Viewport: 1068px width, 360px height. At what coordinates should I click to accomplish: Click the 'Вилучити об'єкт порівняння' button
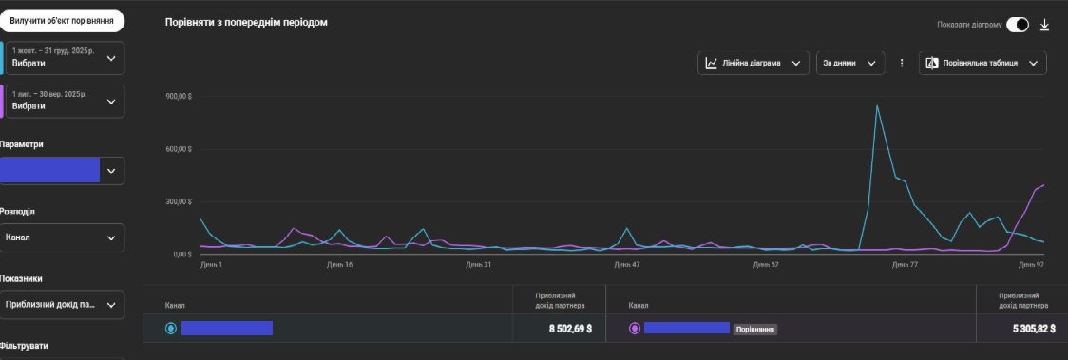click(x=63, y=21)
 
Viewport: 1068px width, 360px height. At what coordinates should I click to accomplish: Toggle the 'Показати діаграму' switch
click(x=1017, y=25)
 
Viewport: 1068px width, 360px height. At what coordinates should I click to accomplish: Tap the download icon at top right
click(x=1045, y=25)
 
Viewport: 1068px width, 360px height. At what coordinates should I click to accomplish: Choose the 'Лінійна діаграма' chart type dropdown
click(x=753, y=63)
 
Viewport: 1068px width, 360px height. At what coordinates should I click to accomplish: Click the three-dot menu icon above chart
click(x=902, y=63)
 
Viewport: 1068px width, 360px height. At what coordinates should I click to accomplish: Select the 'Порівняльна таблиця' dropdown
click(x=983, y=63)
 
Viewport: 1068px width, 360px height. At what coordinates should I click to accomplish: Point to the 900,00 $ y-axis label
click(x=180, y=97)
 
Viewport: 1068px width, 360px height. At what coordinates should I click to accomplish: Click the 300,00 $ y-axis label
click(x=180, y=201)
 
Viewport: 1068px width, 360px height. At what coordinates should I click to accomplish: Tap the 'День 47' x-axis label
click(x=628, y=265)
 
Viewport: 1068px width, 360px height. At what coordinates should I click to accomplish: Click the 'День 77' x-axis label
click(x=906, y=265)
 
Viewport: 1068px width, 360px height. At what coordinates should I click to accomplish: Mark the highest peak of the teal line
click(x=877, y=105)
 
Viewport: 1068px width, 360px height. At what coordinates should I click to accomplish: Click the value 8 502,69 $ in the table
click(x=570, y=329)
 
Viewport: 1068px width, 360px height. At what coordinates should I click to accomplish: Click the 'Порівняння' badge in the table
click(x=754, y=329)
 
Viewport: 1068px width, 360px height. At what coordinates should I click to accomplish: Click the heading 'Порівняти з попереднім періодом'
click(x=246, y=22)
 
